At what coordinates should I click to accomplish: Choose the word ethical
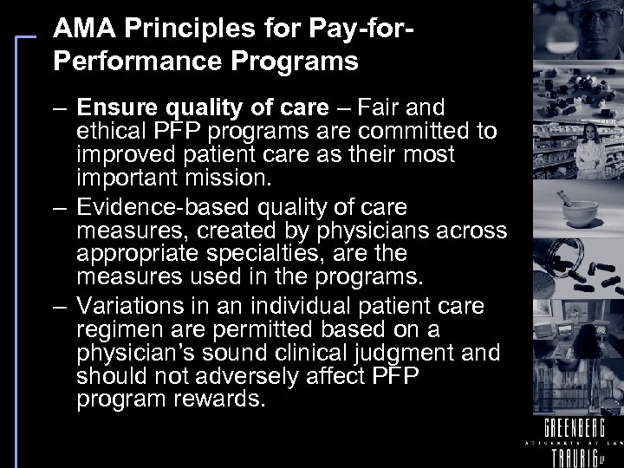coord(110,131)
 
